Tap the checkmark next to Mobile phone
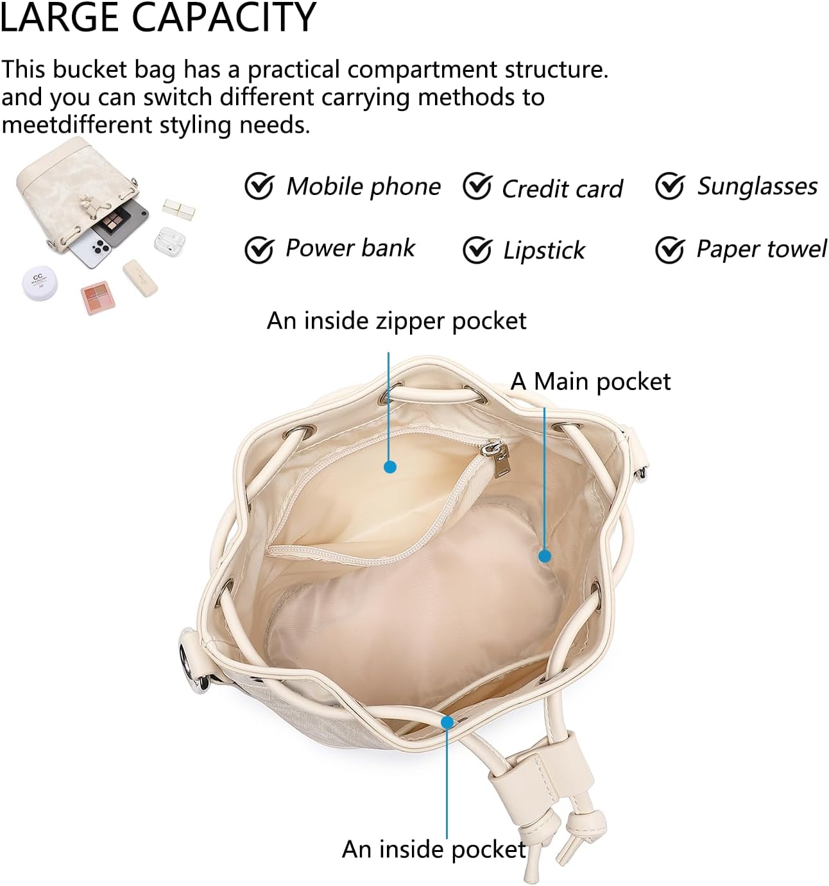(259, 187)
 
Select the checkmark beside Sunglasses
(670, 187)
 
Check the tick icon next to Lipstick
(477, 250)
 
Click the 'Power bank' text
(350, 248)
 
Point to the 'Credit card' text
(562, 189)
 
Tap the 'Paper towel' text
(762, 249)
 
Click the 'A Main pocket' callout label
(590, 382)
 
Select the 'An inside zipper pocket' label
(397, 321)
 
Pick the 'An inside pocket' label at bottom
(434, 849)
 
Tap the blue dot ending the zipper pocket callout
(389, 467)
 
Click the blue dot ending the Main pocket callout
(545, 556)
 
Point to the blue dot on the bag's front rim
(447, 722)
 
